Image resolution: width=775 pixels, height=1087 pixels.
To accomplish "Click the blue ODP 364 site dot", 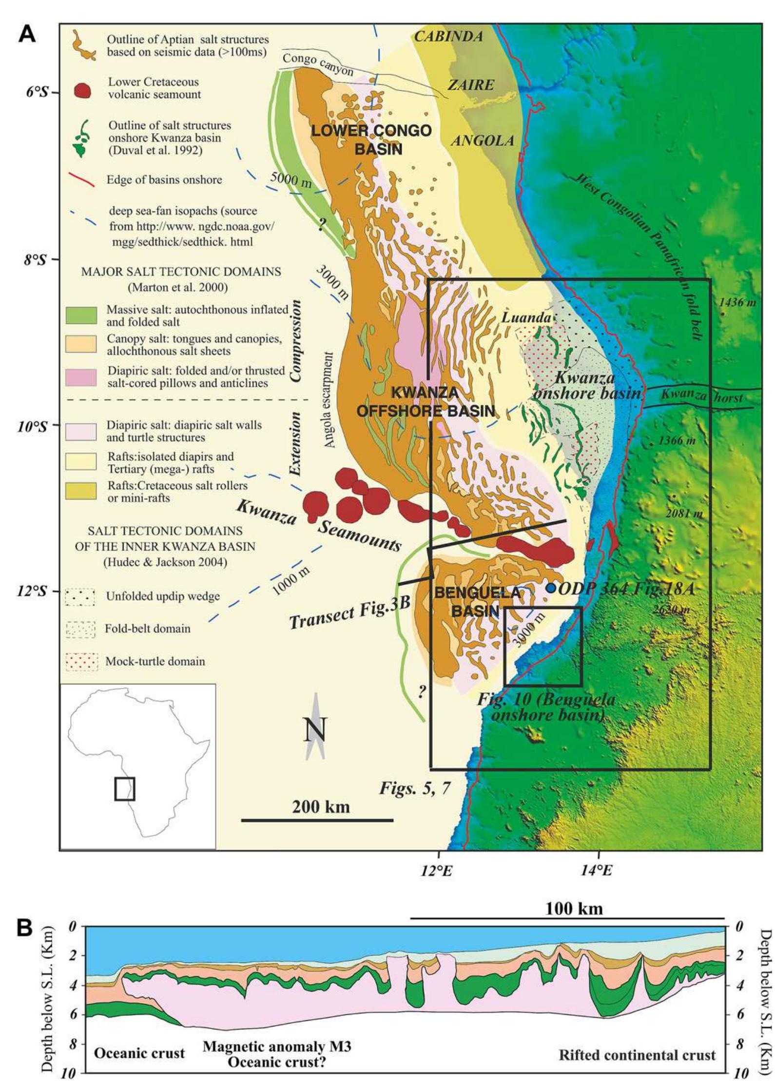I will point(551,588).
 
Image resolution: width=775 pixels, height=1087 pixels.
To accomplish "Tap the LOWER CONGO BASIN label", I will point(371,139).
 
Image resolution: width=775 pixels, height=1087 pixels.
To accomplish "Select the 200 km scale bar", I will point(317,820).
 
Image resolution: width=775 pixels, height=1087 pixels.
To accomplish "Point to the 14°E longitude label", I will point(599,870).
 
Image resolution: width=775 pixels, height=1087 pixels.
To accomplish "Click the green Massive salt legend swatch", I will point(81,316).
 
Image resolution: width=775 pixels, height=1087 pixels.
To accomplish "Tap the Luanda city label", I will point(526,318).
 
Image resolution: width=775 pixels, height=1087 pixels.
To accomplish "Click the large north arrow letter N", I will point(315,730).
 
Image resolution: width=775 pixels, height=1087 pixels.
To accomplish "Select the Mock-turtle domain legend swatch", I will point(81,662).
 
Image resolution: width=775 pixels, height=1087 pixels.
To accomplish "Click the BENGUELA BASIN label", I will point(471,602).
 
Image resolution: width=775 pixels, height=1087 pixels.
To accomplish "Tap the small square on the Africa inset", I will point(125,789).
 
